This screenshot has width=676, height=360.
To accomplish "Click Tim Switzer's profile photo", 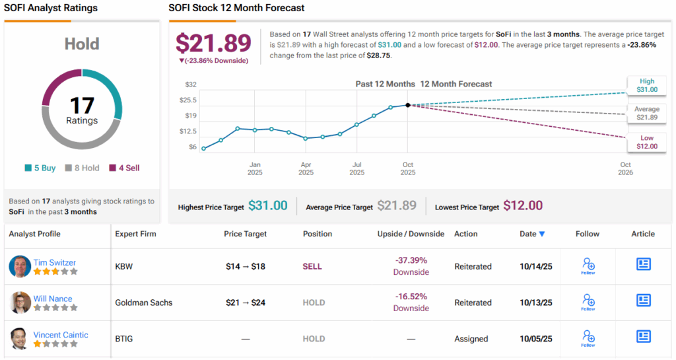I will click(20, 266).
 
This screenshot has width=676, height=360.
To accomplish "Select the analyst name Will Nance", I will click(53, 299).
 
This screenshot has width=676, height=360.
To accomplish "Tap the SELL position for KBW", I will click(312, 266).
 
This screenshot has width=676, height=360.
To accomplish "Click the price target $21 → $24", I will click(245, 303).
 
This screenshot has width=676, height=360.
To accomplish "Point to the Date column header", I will click(532, 234).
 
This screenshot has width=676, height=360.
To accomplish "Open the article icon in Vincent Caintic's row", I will click(643, 336).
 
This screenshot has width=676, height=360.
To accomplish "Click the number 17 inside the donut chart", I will click(82, 106).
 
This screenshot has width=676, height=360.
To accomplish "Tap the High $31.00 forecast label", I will click(647, 85).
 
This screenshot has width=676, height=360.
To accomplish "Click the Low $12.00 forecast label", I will click(647, 142).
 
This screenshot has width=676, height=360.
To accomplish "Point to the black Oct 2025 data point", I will click(408, 105).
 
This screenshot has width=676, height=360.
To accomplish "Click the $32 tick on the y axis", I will click(191, 85).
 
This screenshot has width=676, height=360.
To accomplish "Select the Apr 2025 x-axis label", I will click(306, 168).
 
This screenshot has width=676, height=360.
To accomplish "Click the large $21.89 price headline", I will click(213, 43).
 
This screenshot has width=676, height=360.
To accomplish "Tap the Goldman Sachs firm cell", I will click(143, 303).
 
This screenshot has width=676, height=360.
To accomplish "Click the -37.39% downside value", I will click(411, 261).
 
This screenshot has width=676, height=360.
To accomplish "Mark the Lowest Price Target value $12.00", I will click(523, 205).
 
